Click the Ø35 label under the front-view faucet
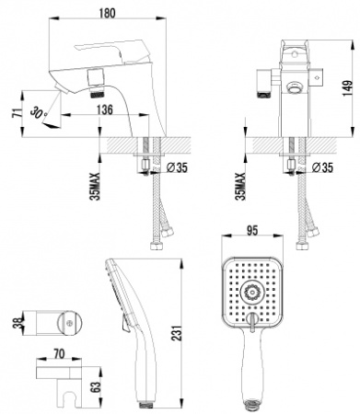(324, 167)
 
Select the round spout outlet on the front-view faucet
(294, 88)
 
